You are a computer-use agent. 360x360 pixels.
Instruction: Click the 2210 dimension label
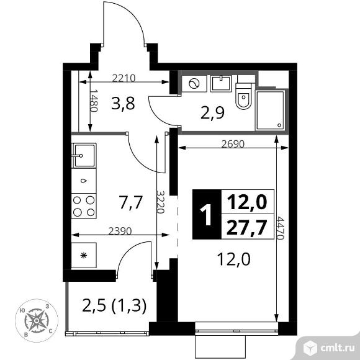[x=124, y=78]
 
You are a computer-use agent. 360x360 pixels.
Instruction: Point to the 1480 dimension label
[x=94, y=101]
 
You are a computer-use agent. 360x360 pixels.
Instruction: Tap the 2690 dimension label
[x=233, y=144]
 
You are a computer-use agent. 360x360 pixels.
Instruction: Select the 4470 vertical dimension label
[x=280, y=228]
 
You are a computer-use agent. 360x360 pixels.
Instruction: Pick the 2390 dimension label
[x=120, y=231]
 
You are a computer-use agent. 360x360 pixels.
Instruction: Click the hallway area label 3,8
[x=123, y=104]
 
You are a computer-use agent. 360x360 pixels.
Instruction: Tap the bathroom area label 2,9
[x=212, y=113]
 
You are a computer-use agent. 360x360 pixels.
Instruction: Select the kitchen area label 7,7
[x=131, y=202]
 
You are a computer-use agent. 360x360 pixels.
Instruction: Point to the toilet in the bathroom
[x=244, y=96]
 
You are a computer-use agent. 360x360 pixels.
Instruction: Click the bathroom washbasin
[x=220, y=84]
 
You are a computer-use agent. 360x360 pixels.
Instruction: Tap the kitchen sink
[x=84, y=155]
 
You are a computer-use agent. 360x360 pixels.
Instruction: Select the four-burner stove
[x=84, y=206]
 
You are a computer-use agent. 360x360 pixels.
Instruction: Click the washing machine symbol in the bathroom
[x=194, y=84]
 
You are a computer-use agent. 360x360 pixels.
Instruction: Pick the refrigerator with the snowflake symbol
[x=84, y=255]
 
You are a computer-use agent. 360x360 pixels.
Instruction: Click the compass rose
[x=37, y=320]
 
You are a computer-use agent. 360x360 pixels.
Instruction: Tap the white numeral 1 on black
[x=207, y=215]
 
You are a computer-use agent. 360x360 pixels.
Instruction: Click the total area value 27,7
[x=248, y=227]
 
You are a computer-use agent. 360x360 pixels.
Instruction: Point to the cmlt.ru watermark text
[x=338, y=348]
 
